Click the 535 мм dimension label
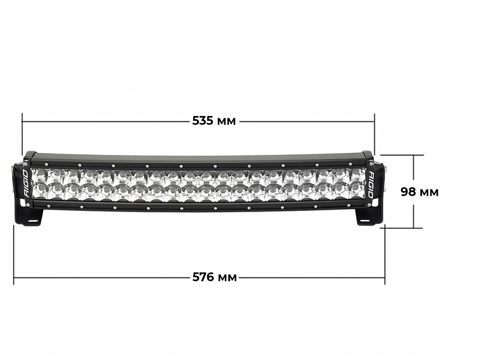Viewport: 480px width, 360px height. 214,121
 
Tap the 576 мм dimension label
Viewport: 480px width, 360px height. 214,277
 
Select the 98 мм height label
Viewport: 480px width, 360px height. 419,192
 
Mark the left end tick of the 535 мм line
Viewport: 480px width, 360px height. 22,121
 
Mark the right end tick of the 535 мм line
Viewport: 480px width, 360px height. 374,121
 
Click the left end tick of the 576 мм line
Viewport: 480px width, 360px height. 14,277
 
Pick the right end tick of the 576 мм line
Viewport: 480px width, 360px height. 384,277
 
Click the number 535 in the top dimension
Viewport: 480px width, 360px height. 203,121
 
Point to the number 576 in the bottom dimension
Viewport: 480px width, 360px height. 203,277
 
